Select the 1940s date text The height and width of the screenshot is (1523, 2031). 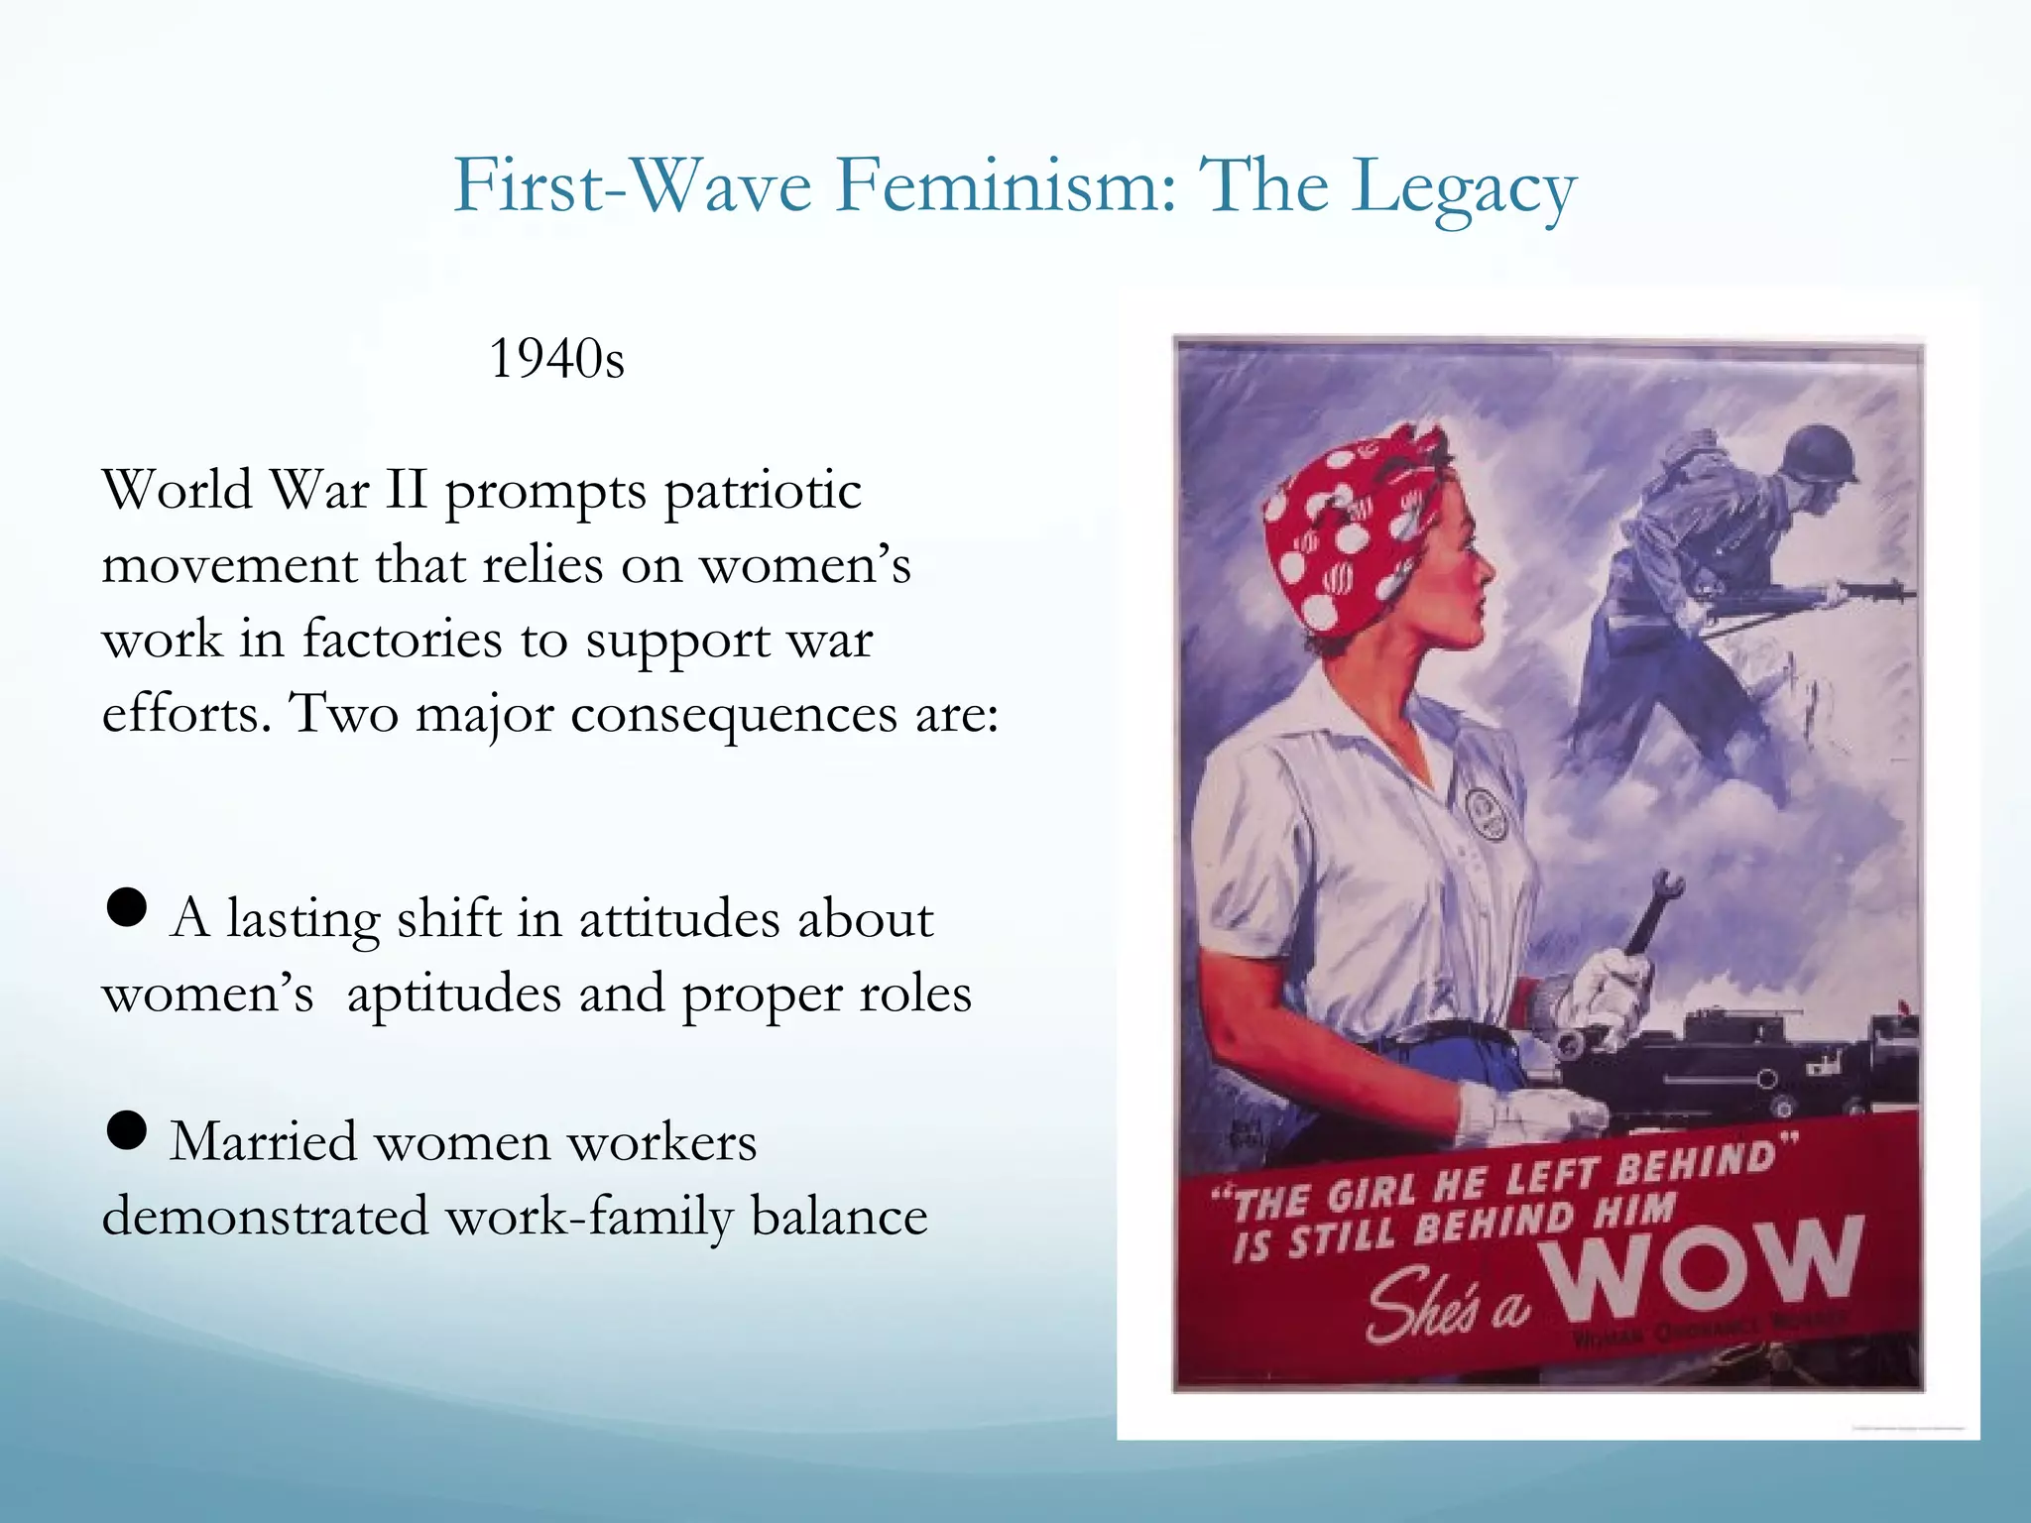pos(556,359)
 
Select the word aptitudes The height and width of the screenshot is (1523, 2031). pos(453,995)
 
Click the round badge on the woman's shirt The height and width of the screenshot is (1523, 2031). pos(1484,810)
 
